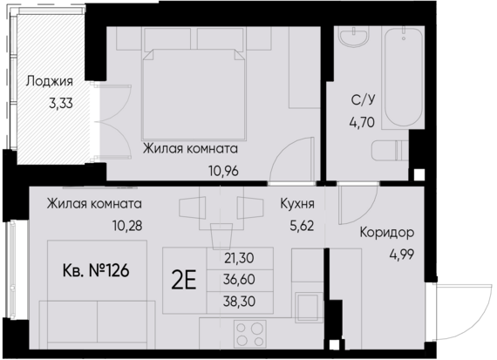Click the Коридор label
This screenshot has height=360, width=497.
(386, 233)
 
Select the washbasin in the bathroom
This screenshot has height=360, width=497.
(356, 39)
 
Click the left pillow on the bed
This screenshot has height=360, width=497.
(168, 39)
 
